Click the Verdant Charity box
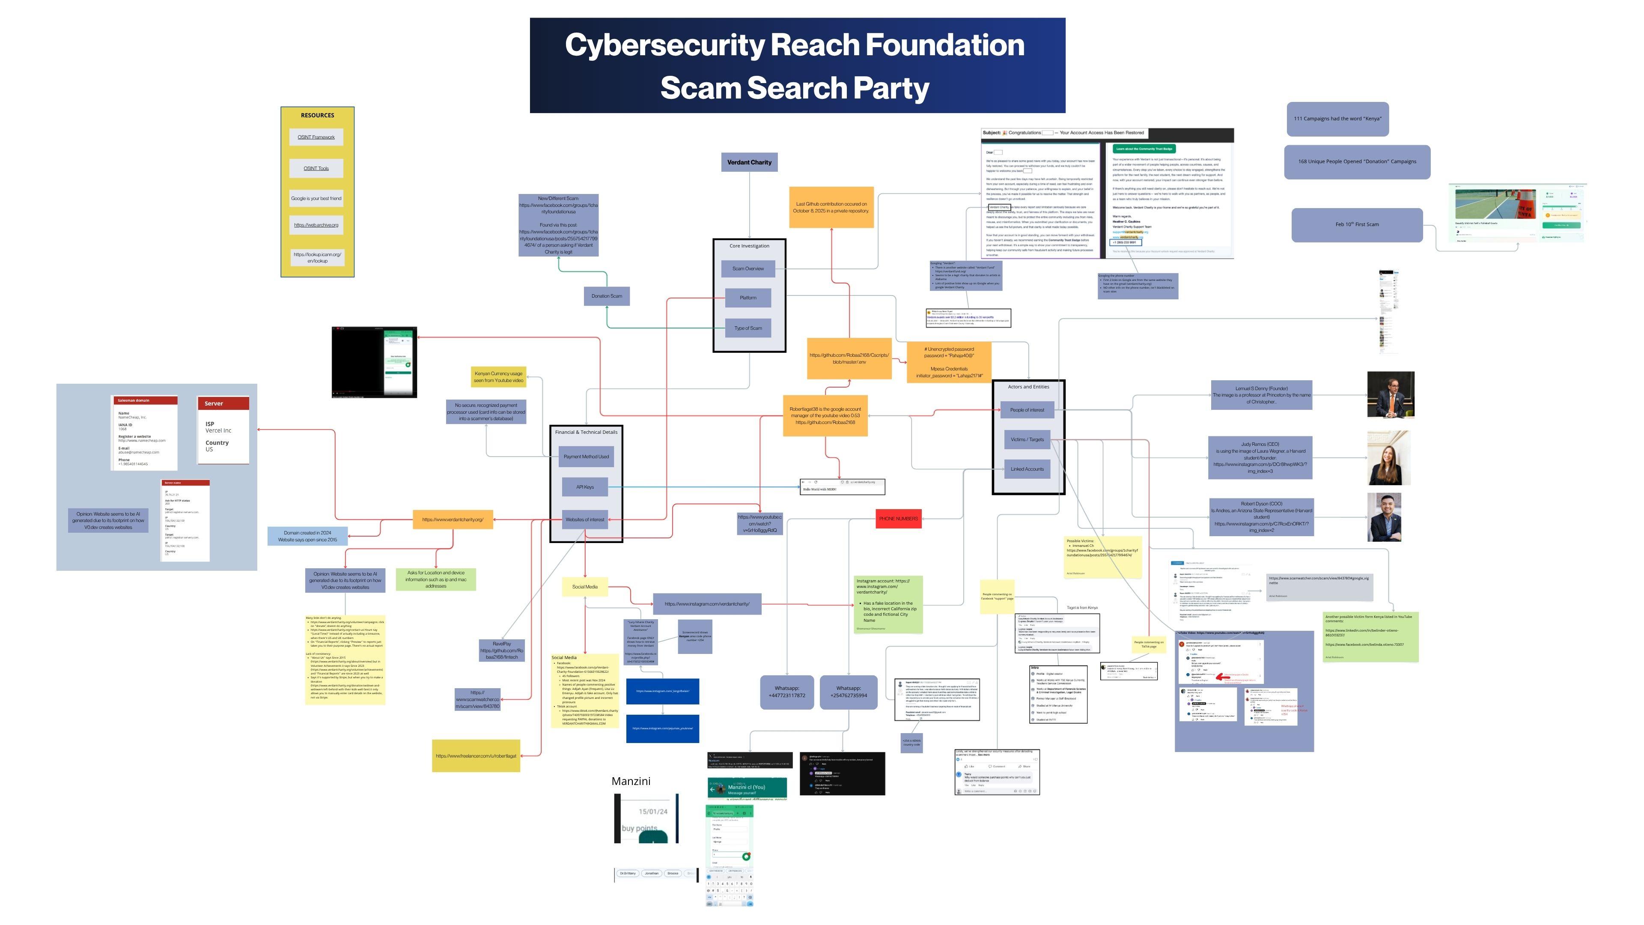[x=749, y=162]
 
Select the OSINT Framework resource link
[x=316, y=137]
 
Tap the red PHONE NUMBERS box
[x=899, y=518]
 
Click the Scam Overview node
[x=748, y=269]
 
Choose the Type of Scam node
[x=748, y=328]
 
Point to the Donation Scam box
[x=606, y=296]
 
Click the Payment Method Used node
[x=586, y=457]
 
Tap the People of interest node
[x=1027, y=410]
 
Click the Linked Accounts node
[x=1027, y=469]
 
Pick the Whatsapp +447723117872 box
[x=787, y=692]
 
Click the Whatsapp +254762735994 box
[x=848, y=692]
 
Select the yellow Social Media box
[x=584, y=587]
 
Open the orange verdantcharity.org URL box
[x=453, y=519]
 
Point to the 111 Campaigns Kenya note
[x=1337, y=119]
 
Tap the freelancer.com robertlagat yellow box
[x=476, y=756]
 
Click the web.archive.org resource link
[x=316, y=225]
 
